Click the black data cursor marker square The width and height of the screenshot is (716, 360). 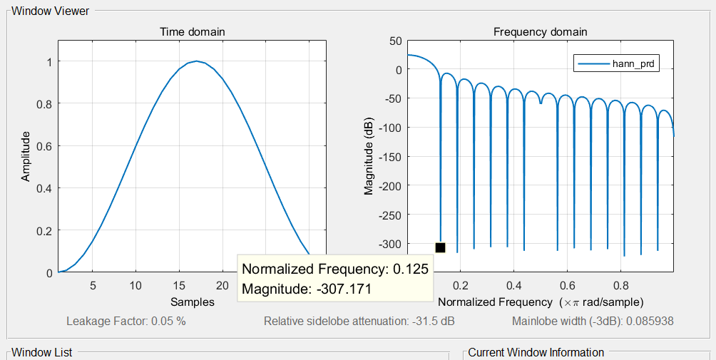pos(440,247)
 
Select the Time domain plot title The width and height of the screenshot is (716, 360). pos(192,32)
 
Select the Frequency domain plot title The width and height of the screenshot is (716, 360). pos(541,32)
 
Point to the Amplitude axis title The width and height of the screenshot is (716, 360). pos(26,155)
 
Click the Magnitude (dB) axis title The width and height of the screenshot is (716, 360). pos(369,156)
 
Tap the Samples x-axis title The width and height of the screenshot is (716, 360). pos(192,302)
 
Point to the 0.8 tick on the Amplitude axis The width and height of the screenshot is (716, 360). pos(44,104)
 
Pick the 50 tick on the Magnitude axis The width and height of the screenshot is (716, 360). pos(395,41)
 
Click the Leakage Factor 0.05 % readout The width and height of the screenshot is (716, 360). pos(126,321)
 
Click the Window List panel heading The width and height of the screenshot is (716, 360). pos(41,352)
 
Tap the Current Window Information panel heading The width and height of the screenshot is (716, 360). pos(536,352)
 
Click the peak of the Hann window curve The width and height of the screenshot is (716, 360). pos(196,61)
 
